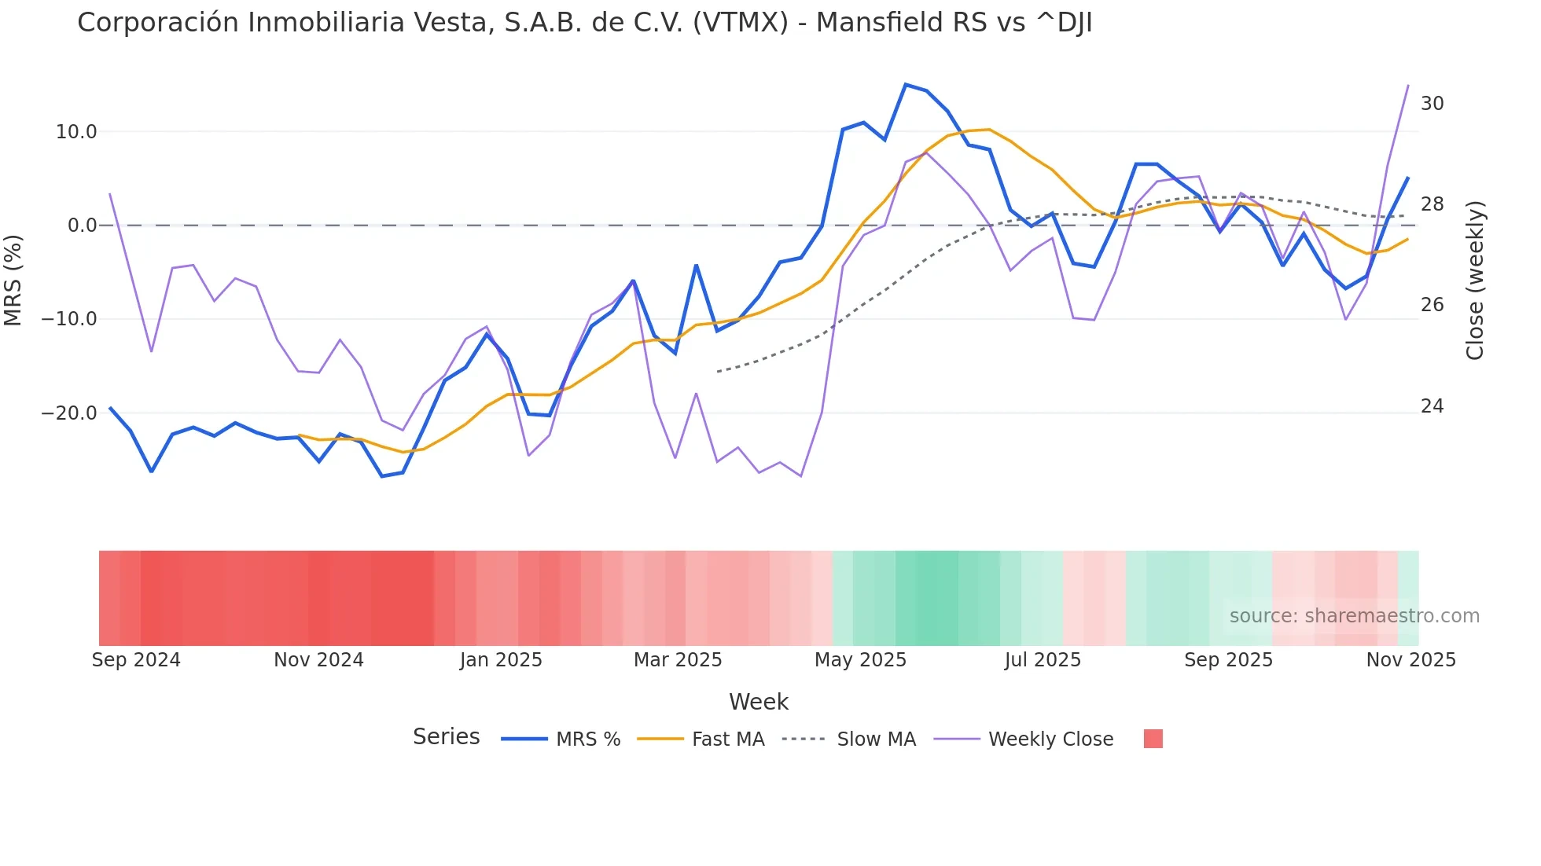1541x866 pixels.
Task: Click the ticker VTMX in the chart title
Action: [740, 23]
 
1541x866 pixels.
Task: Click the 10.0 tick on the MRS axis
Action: [76, 132]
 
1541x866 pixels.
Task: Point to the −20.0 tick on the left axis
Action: [70, 413]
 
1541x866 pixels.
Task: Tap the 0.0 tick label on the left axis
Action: [82, 226]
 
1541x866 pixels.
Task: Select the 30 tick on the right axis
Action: [1432, 104]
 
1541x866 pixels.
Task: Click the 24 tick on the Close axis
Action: [1432, 406]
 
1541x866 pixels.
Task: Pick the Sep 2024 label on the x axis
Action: [136, 660]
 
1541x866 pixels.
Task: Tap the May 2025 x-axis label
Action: [860, 660]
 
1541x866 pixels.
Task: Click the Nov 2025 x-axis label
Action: [1410, 660]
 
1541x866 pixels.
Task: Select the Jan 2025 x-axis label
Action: [501, 660]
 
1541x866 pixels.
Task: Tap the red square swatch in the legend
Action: [1153, 739]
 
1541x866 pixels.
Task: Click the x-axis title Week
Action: [758, 702]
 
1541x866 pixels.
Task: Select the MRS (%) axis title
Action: [13, 280]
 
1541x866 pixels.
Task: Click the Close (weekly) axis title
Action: [1475, 281]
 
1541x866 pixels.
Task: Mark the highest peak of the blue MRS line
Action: [906, 84]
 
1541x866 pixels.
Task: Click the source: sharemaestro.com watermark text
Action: [1354, 616]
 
